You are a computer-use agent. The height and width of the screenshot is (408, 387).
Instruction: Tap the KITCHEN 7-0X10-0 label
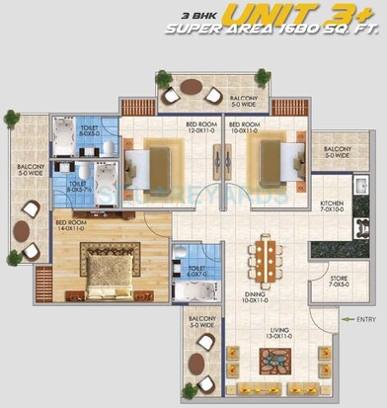pyautogui.click(x=332, y=207)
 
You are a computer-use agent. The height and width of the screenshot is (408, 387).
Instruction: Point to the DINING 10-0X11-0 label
pyautogui.click(x=263, y=292)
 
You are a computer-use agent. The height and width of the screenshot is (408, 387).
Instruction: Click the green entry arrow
pyautogui.click(x=345, y=318)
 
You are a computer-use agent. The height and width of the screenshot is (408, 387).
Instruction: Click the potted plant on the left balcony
pyautogui.click(x=11, y=119)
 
